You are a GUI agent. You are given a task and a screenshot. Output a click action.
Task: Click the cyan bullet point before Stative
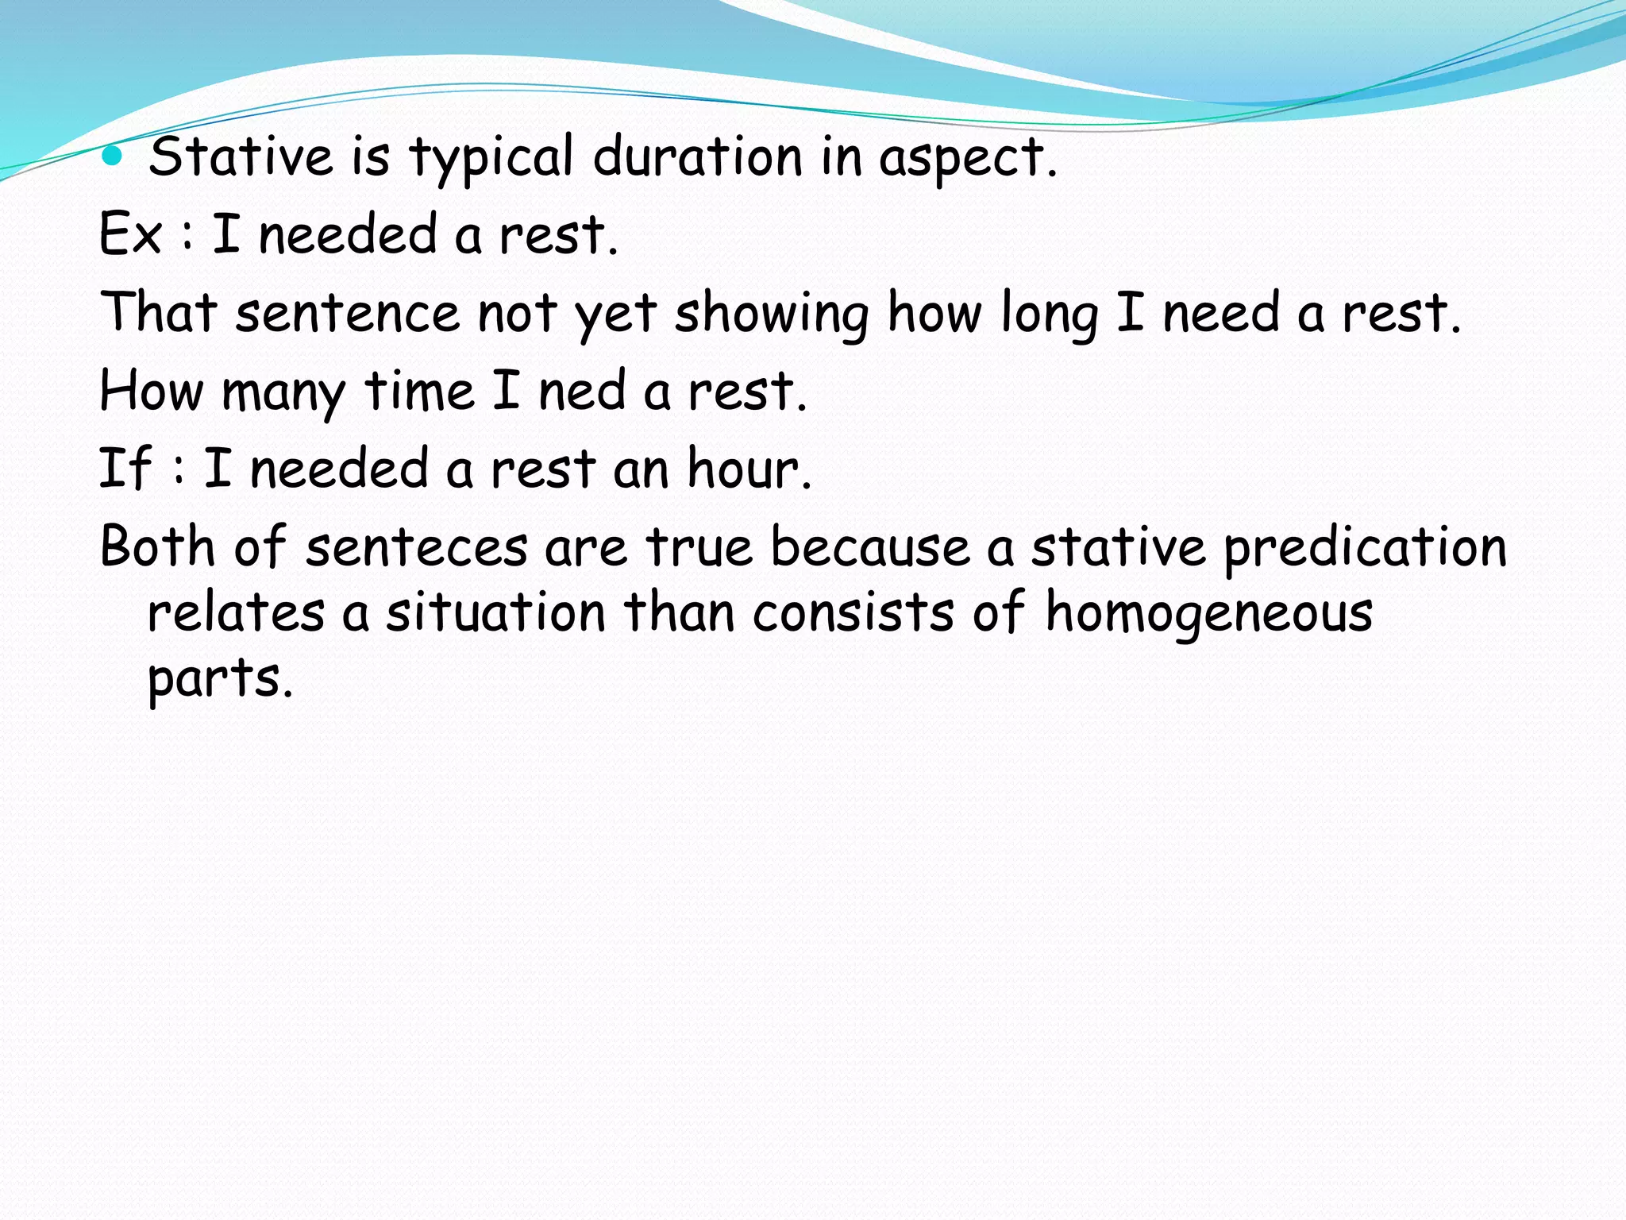[x=114, y=156]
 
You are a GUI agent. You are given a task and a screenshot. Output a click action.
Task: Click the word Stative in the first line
[x=241, y=156]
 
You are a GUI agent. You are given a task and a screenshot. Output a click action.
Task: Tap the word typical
[x=491, y=157]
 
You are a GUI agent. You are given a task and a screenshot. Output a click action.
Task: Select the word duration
[x=698, y=156]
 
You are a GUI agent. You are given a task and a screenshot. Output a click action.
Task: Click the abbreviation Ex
[x=131, y=234]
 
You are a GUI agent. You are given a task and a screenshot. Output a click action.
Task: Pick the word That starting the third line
[x=159, y=311]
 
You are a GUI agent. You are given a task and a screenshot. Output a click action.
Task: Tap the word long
[x=1049, y=314]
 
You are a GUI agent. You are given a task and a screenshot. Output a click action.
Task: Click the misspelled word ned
[x=582, y=391]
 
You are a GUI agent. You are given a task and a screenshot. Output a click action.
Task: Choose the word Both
[x=157, y=546]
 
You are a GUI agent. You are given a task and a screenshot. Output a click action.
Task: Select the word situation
[x=495, y=612]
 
